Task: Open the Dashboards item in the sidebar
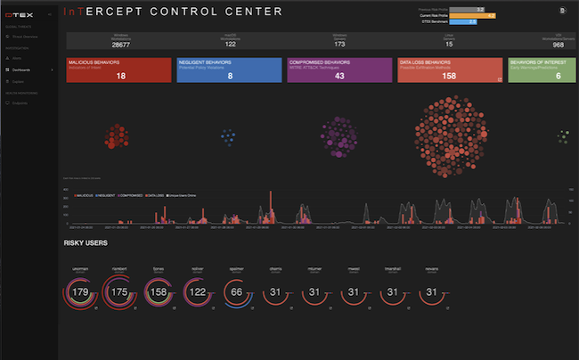tap(22, 69)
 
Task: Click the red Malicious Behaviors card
tap(118, 70)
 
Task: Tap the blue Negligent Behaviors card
tap(228, 70)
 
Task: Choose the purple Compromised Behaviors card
tap(338, 70)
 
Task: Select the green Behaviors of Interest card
tap(539, 70)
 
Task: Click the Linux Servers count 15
tap(448, 43)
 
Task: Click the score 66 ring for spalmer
tap(236, 291)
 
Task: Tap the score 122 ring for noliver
tap(198, 291)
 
